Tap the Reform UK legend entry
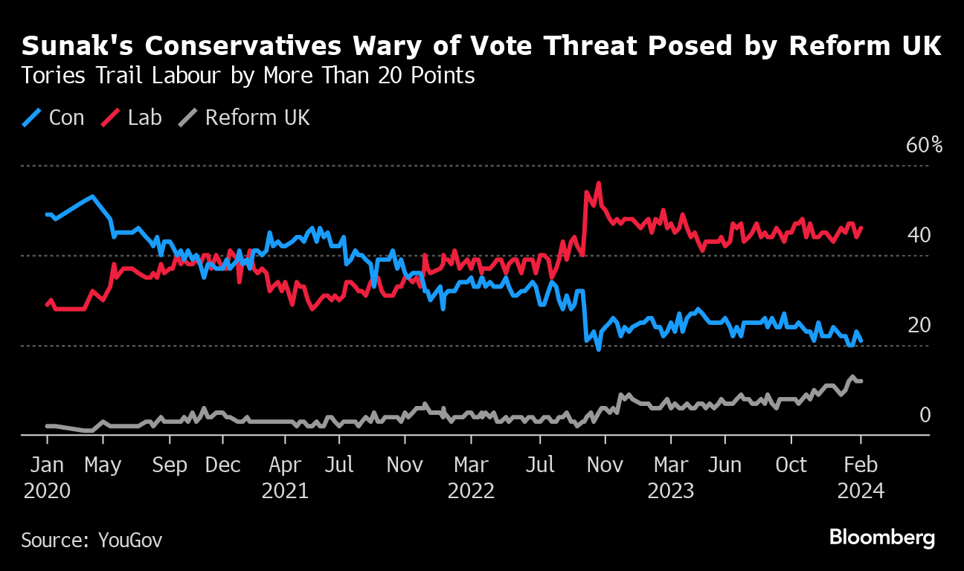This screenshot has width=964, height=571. pyautogui.click(x=245, y=118)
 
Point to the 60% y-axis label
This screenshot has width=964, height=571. pyautogui.click(x=924, y=145)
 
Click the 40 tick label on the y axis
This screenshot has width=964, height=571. pyautogui.click(x=919, y=236)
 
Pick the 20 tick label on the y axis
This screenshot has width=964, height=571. pyautogui.click(x=919, y=326)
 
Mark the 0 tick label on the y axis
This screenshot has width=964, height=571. pyautogui.click(x=925, y=415)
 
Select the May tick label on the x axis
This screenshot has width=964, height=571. pyautogui.click(x=103, y=465)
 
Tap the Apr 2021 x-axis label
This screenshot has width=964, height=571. pyautogui.click(x=285, y=478)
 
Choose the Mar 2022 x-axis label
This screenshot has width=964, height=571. pyautogui.click(x=470, y=478)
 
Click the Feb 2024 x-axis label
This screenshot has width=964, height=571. pyautogui.click(x=861, y=478)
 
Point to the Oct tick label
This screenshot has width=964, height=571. pyautogui.click(x=791, y=465)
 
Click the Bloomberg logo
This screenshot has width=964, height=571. pyautogui.click(x=882, y=538)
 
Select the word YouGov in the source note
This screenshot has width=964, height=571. pyautogui.click(x=130, y=540)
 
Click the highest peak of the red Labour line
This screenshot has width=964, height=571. pyautogui.click(x=598, y=183)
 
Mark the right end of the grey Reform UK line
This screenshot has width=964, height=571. pyautogui.click(x=861, y=381)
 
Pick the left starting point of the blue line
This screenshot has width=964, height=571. pyautogui.click(x=47, y=215)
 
